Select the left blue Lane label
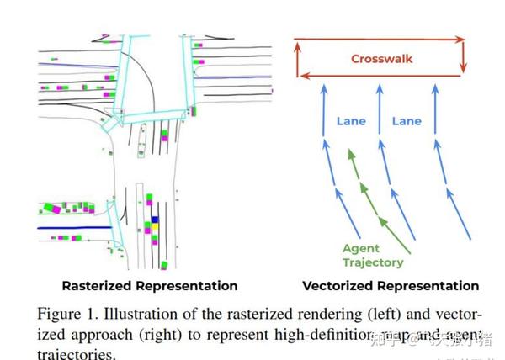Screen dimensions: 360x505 pyautogui.click(x=351, y=121)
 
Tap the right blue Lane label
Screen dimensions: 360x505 pyautogui.click(x=407, y=121)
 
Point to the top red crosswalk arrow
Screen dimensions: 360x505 pyautogui.click(x=379, y=39)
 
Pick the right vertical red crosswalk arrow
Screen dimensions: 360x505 pyautogui.click(x=463, y=58)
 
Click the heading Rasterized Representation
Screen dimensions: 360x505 pyautogui.click(x=149, y=286)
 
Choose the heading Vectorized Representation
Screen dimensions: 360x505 pyautogui.click(x=391, y=286)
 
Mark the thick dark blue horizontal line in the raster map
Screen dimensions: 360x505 pyautogui.click(x=75, y=227)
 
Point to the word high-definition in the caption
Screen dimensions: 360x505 pyautogui.click(x=311, y=336)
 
